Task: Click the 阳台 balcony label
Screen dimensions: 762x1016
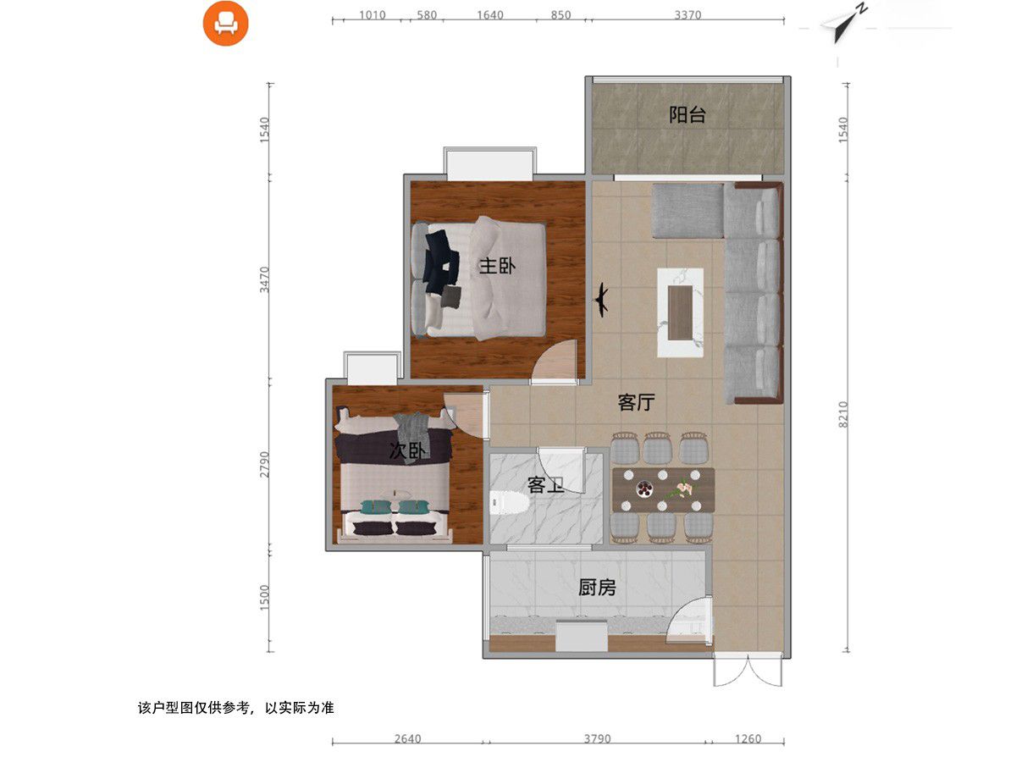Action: click(687, 115)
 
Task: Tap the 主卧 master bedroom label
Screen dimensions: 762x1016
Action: click(497, 266)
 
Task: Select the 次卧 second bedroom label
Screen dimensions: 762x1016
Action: click(406, 451)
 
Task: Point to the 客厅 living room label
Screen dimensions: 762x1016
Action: click(636, 402)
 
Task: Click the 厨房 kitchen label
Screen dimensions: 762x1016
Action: click(597, 587)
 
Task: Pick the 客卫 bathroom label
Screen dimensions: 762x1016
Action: click(546, 485)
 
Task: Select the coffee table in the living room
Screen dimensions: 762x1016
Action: click(681, 312)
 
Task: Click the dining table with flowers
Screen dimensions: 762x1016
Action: click(663, 489)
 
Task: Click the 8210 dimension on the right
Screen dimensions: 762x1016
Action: click(842, 415)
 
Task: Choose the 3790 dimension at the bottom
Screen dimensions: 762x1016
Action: click(597, 738)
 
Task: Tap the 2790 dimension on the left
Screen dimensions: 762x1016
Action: click(264, 466)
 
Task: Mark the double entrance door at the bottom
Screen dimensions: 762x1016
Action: click(745, 671)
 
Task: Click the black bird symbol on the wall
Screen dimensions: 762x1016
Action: click(602, 299)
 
